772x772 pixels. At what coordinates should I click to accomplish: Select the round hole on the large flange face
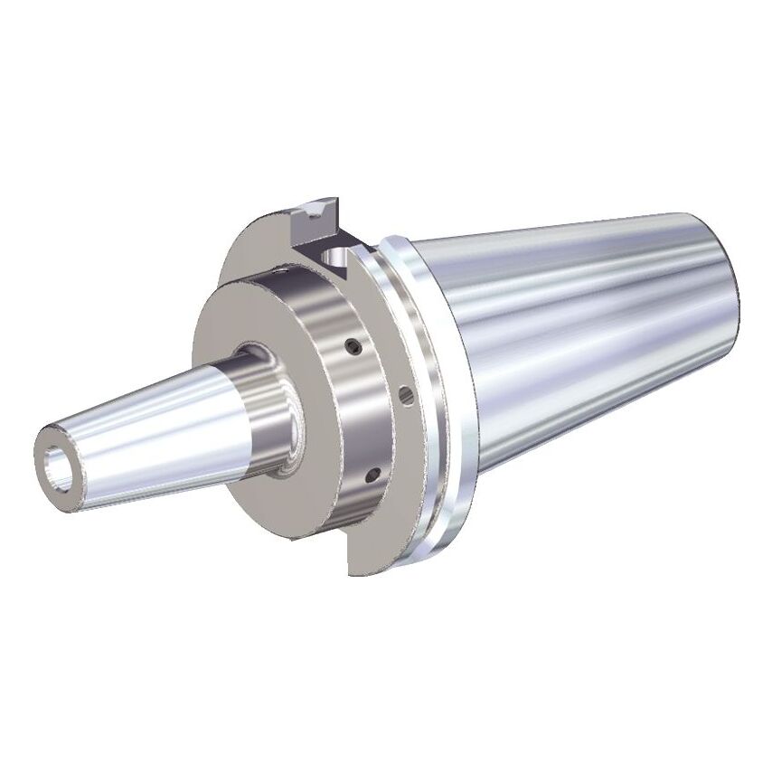(x=405, y=393)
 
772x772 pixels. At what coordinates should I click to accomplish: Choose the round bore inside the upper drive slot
(x=336, y=261)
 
